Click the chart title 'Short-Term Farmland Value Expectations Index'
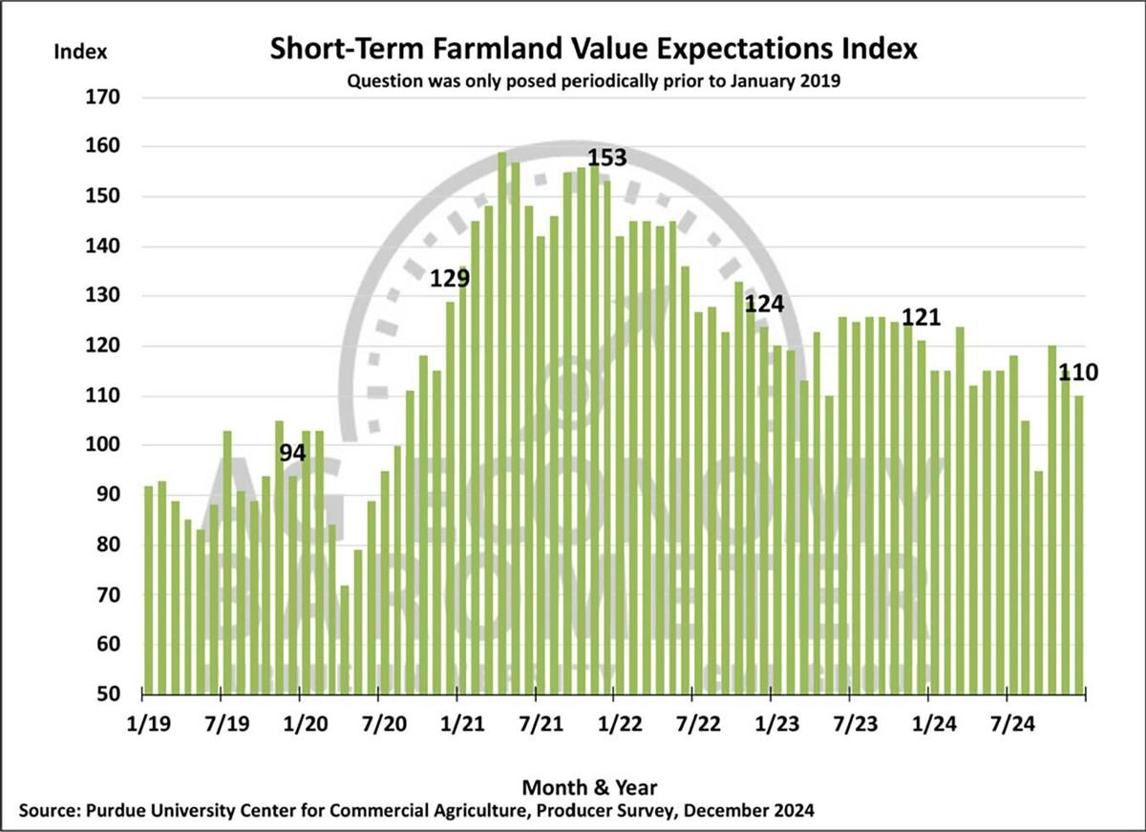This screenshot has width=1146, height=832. coord(594,50)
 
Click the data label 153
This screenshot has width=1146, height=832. coord(606,158)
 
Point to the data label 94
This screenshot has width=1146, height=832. coord(292,454)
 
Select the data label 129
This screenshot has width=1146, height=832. coord(450,278)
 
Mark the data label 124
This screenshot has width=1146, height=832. coord(764,305)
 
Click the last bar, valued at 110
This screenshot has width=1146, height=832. coord(1078,544)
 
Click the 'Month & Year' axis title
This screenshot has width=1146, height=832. coord(589,787)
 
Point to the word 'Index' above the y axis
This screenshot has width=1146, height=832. coord(80,51)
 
